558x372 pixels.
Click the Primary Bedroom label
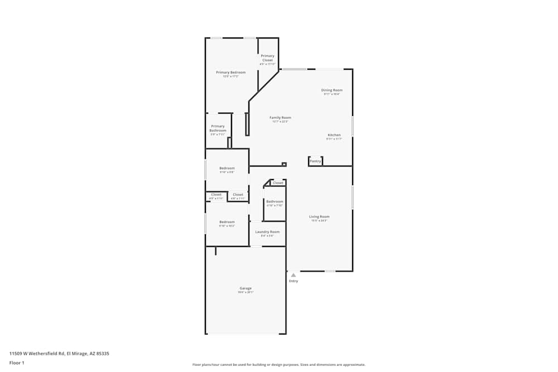point(230,73)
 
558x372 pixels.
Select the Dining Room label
point(331,90)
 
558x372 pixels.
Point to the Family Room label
point(280,118)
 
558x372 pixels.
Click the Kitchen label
point(334,135)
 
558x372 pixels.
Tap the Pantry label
point(315,161)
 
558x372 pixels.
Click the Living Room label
point(319,216)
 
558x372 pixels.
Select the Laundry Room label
point(267,231)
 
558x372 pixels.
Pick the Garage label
point(246,288)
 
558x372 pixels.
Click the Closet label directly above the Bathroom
point(278,183)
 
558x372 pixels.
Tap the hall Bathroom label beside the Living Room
point(275,201)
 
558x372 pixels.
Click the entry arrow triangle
point(293,275)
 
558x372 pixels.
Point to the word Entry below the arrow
point(293,281)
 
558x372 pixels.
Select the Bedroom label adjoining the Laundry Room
point(227,222)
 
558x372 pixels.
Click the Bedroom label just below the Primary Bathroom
point(227,168)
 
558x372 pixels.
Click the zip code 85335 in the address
point(102,353)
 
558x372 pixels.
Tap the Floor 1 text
point(17,363)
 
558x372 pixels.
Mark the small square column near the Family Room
point(284,164)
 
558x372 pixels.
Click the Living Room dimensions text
point(319,221)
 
